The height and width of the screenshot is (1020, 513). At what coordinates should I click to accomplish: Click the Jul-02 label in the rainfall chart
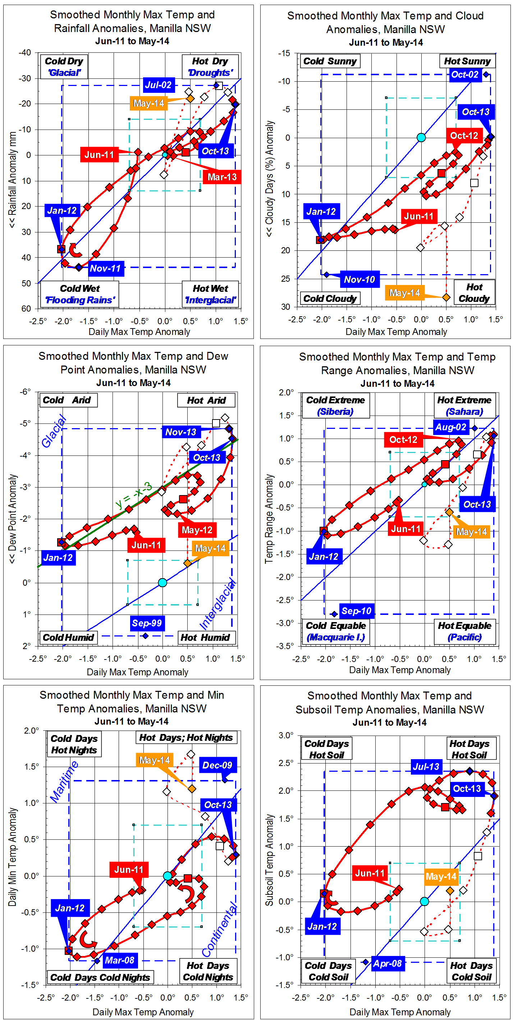coord(158,85)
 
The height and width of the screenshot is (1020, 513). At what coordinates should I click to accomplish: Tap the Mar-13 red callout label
coord(222,177)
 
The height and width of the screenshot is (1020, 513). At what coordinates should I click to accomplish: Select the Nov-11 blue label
coord(105,268)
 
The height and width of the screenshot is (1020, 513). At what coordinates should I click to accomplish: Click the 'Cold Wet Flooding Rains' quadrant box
coord(80,294)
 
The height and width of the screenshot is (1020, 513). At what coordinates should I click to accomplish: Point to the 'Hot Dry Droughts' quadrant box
coord(210,67)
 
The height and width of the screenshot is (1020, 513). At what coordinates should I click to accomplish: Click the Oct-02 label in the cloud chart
coord(465,74)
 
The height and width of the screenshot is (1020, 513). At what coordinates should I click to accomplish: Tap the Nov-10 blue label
coord(359,280)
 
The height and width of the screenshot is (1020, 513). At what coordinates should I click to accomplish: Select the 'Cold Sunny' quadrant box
coord(330,61)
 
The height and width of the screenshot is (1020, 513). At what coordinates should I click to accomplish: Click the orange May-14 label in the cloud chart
coord(404,293)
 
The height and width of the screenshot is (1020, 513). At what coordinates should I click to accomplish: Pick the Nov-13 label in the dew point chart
coord(181,432)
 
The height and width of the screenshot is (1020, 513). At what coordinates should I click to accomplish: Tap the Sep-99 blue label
coord(147,623)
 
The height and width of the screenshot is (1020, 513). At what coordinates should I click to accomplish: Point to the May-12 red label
coord(197,530)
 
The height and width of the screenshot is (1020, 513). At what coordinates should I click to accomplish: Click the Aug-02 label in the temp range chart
coord(450,427)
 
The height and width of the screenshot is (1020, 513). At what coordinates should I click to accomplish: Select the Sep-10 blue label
coord(356,611)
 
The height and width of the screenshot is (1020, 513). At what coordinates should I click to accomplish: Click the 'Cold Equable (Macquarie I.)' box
coord(336,631)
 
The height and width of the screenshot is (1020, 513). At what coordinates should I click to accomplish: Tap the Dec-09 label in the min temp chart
coord(217,765)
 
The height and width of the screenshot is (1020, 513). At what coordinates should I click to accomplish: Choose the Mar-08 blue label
coord(119,960)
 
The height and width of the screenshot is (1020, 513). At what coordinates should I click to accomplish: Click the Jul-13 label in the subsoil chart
coord(426,767)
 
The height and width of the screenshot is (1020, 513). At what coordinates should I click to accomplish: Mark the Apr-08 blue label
coord(387,964)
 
